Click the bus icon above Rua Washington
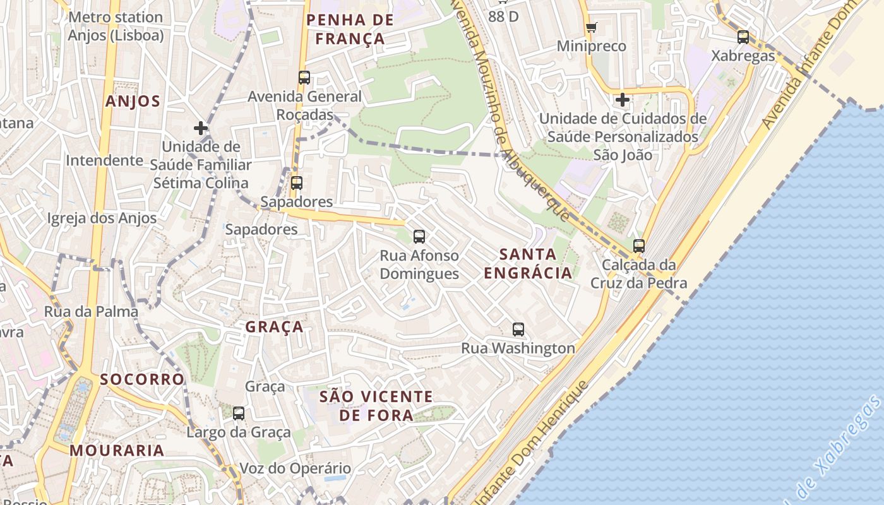tap(518, 329)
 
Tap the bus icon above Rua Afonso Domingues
tap(419, 237)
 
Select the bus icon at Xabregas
tap(743, 37)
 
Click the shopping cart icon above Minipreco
tap(592, 27)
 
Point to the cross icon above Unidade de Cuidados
tap(623, 100)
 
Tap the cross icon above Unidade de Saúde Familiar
tap(201, 128)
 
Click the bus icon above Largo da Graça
tap(239, 413)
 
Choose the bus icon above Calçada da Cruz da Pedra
tap(639, 246)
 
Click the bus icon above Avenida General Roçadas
tap(304, 78)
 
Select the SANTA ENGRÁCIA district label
tap(528, 264)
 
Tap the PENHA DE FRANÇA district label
tap(350, 29)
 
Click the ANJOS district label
tap(133, 102)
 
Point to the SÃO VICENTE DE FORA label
tap(376, 405)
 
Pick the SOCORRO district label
tap(142, 379)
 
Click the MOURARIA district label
tap(117, 451)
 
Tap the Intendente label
tap(105, 160)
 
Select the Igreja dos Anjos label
tap(102, 218)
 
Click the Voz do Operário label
tap(295, 468)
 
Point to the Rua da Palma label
tap(91, 312)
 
